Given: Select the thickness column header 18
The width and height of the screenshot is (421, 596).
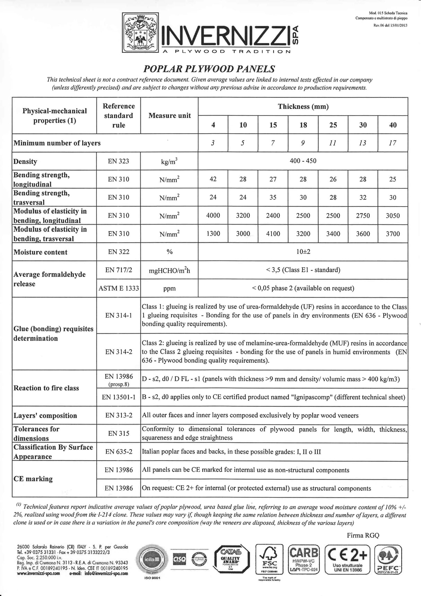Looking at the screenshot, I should click(303, 125).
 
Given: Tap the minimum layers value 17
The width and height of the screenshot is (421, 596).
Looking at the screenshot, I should click(393, 143).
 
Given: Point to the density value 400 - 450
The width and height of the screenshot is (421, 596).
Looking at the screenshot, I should click(303, 161).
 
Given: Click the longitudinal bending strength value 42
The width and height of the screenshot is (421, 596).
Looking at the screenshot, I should click(213, 179).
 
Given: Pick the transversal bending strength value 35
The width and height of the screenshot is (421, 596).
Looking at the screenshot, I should click(273, 197).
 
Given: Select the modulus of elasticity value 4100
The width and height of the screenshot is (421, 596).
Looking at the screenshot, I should click(273, 234).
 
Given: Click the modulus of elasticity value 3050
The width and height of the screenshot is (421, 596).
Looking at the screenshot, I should click(393, 216).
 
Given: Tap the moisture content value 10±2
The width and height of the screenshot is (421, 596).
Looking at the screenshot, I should click(303, 252).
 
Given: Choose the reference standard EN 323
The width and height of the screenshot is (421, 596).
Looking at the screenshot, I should click(118, 161).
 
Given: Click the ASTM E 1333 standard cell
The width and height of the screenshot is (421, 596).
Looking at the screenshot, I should click(119, 288).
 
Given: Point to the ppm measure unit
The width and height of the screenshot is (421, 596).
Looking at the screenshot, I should click(169, 288).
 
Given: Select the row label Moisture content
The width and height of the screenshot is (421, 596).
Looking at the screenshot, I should click(40, 252).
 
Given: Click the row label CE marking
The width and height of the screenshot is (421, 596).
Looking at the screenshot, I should click(33, 479).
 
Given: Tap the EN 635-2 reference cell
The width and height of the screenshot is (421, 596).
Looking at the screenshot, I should click(119, 452).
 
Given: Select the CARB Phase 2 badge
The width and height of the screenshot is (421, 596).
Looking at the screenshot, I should click(304, 560).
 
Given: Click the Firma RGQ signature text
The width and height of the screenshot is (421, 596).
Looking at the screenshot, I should click(363, 535).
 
